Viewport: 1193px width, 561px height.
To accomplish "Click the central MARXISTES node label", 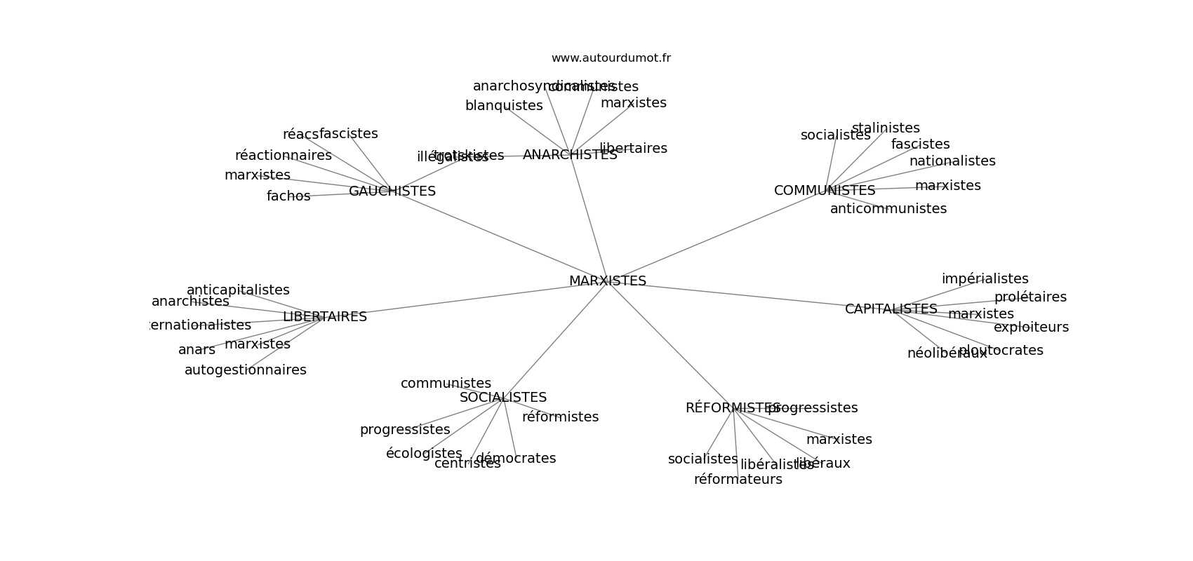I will tap(607, 281).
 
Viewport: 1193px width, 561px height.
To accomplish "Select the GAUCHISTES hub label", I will tap(392, 191).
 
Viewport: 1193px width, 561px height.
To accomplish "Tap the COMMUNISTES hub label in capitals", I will tap(824, 191).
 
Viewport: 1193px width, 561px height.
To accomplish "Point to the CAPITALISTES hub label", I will tap(891, 309).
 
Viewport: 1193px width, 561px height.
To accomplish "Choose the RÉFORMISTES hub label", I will tap(732, 408).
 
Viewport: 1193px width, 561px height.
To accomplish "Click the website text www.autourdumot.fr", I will tap(611, 58).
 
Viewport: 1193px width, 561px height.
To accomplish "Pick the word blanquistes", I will tap(503, 106).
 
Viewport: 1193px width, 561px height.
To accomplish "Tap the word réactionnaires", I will tap(283, 156).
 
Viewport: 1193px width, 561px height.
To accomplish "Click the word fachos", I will tap(288, 196).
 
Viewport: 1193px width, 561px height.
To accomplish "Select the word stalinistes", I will tap(885, 128).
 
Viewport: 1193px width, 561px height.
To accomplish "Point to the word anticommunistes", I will tap(888, 209).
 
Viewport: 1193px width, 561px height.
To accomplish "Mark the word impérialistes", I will tap(985, 279).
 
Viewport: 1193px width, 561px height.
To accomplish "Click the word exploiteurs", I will tap(1031, 327).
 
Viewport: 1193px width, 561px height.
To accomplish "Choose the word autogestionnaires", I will tap(245, 370).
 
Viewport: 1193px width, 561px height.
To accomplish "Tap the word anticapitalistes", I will tap(237, 290).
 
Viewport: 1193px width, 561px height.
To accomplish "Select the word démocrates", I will tap(516, 459).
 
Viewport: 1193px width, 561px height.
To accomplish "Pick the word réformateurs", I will tap(738, 480).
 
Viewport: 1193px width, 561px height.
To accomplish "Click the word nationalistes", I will tap(952, 161).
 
